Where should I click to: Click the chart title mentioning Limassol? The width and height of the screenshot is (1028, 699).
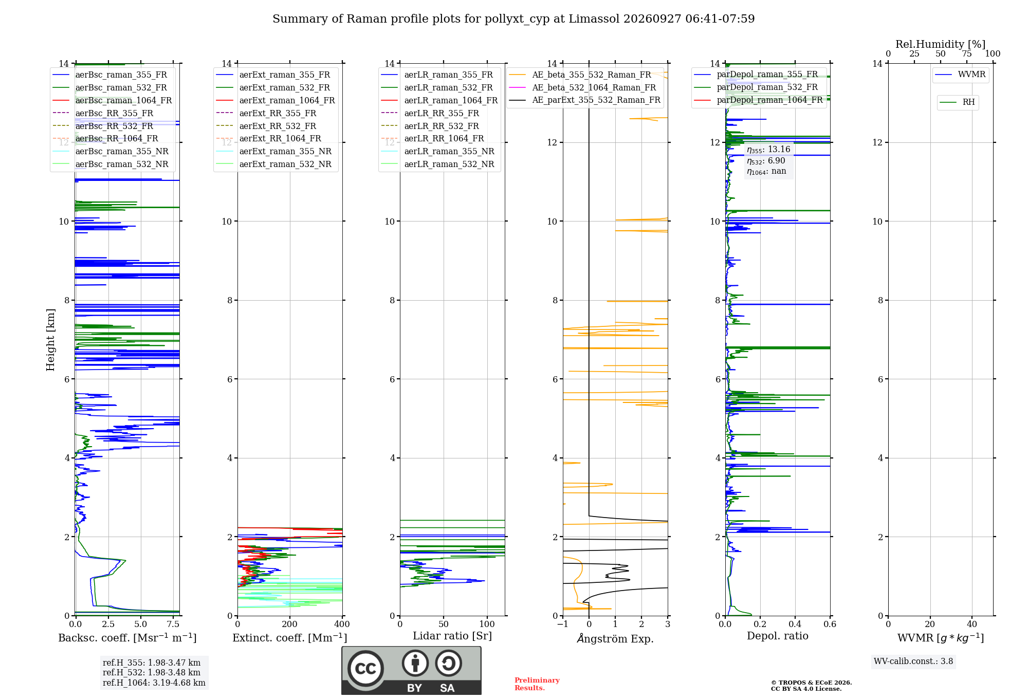click(513, 19)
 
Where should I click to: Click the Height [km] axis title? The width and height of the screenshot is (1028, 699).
click(50, 340)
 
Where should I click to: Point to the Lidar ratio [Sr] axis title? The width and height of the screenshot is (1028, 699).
click(452, 636)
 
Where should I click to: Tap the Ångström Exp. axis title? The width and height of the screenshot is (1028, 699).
click(615, 638)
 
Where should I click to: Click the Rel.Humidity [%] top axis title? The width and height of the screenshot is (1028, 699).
click(941, 44)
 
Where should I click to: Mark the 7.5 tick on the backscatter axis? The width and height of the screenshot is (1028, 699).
click(173, 624)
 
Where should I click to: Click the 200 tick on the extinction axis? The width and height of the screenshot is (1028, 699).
click(290, 624)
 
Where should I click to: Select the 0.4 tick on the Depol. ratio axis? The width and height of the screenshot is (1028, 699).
click(795, 624)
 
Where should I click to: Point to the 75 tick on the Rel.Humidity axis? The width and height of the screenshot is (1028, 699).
click(967, 53)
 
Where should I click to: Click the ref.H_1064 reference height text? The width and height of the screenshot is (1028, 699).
click(154, 683)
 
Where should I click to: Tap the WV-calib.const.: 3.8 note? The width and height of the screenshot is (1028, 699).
click(913, 661)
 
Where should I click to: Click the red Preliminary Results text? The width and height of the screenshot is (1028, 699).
click(537, 684)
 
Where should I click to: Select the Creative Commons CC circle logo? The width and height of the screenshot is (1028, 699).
click(365, 668)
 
